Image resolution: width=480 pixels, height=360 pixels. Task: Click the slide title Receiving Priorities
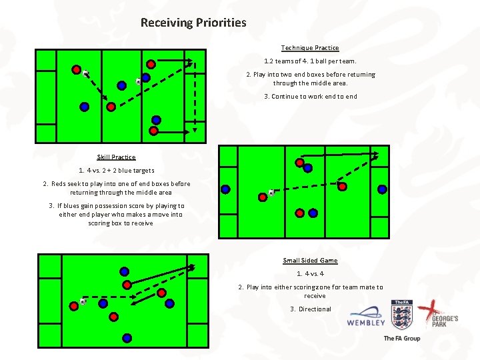(x=193, y=23)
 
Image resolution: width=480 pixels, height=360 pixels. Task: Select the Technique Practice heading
(x=310, y=48)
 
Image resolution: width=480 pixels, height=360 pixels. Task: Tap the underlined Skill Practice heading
(x=116, y=157)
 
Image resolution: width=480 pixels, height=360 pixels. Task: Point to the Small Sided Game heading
(x=310, y=261)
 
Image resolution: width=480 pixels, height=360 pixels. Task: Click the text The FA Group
(x=401, y=339)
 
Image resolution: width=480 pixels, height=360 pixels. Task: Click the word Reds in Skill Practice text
(x=58, y=184)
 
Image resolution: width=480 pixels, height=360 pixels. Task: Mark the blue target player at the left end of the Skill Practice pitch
(x=226, y=189)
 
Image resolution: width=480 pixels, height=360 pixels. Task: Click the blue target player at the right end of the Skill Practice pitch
(x=382, y=189)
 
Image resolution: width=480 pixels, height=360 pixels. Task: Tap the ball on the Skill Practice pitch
(x=271, y=193)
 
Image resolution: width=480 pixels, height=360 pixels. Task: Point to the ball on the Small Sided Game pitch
(x=83, y=301)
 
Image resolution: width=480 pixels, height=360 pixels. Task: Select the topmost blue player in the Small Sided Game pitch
(x=125, y=271)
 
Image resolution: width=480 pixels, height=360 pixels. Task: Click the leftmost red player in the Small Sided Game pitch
(x=73, y=307)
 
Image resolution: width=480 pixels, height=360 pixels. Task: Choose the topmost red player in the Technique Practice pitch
(x=151, y=64)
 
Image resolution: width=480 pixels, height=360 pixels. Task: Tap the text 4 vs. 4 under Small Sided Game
(x=310, y=274)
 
